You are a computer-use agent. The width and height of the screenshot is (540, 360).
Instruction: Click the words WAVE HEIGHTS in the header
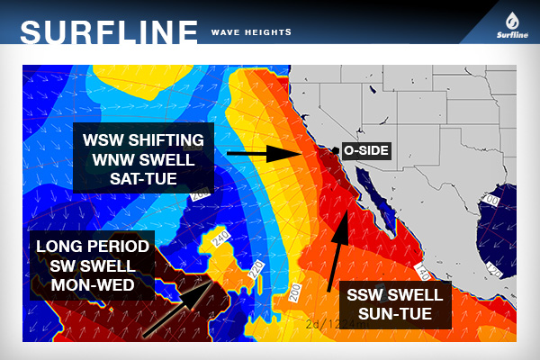click(x=250, y=31)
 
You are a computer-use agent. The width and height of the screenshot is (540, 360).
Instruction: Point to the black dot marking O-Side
click(x=335, y=150)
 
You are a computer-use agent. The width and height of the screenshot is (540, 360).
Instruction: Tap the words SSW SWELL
click(x=389, y=295)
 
